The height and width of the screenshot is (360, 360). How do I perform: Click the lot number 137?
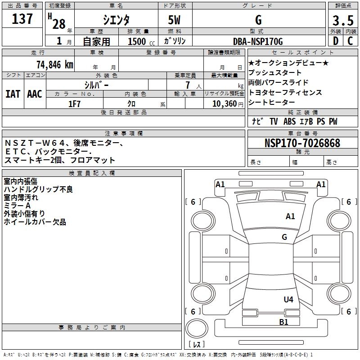22,19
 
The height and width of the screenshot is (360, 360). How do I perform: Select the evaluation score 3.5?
343,21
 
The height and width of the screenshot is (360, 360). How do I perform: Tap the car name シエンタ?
117,20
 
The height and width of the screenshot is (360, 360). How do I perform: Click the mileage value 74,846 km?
54,64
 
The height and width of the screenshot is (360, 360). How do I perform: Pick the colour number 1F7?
74,103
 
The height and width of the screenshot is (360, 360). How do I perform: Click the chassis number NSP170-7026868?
302,143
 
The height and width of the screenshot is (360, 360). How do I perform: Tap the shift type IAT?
13,94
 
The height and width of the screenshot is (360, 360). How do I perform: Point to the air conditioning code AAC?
34,94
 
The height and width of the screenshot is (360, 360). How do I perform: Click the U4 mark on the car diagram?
288,299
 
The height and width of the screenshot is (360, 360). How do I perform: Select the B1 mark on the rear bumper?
283,322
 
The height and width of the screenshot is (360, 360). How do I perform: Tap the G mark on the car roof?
284,237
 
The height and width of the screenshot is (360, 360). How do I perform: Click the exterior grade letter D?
336,41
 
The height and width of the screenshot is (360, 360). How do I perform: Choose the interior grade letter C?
350,41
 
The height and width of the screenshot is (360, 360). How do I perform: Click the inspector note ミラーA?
17,205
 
